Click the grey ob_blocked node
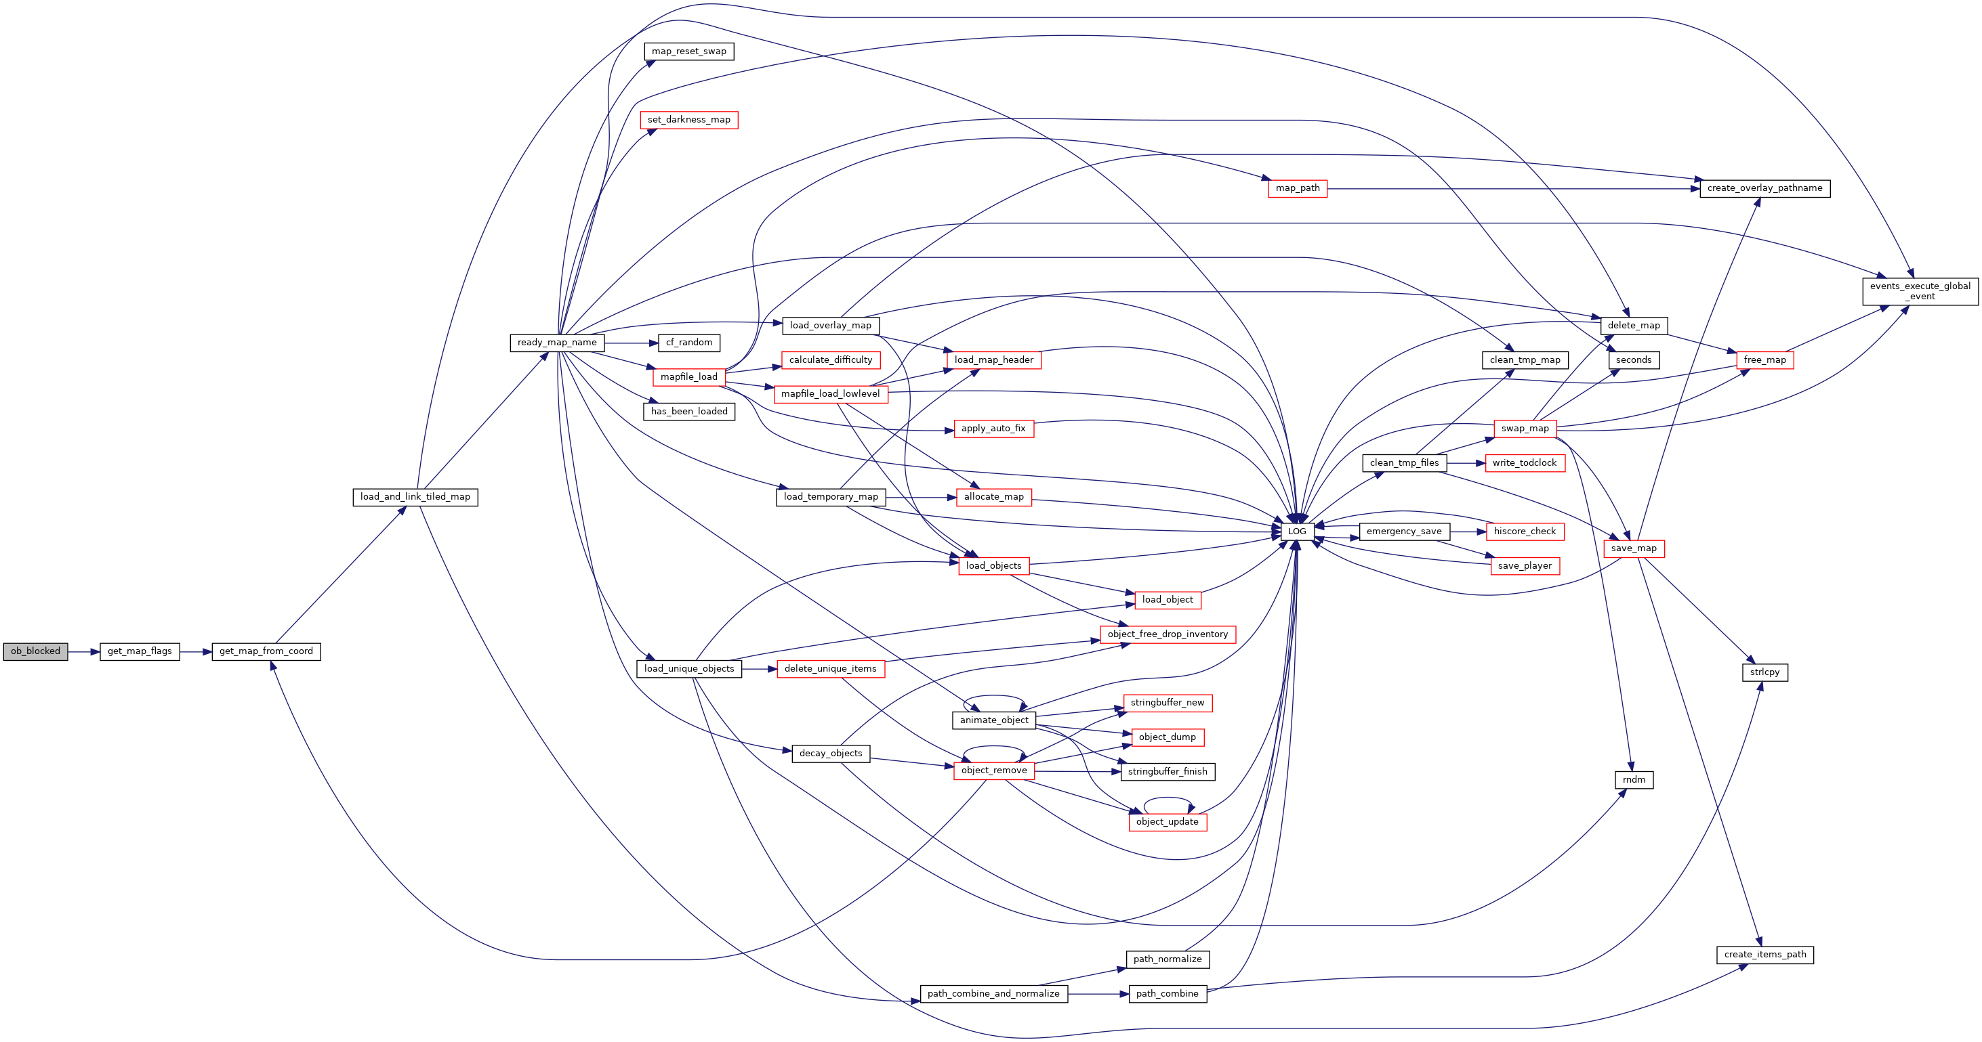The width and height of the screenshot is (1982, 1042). point(35,651)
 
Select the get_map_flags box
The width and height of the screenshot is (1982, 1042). point(140,651)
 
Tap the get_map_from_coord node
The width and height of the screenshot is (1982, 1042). point(266,651)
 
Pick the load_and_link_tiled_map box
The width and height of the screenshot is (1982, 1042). point(415,497)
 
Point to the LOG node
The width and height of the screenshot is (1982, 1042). point(1297,531)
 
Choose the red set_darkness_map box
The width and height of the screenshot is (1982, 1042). point(688,120)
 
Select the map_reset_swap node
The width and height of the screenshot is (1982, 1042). point(688,51)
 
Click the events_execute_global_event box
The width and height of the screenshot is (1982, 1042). point(1920,291)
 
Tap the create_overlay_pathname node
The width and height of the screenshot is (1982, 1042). point(1765,188)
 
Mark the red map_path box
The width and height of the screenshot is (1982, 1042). point(1297,188)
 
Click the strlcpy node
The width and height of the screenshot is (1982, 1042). point(1765,672)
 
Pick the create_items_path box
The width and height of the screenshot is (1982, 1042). point(1765,955)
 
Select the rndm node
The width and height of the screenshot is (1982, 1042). point(1634,780)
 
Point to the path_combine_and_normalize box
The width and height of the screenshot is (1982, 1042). point(993,993)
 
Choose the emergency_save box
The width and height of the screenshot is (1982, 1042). point(1404,531)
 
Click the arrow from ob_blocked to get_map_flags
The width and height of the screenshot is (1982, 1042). point(84,652)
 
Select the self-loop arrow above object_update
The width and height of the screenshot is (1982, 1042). point(1168,798)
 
